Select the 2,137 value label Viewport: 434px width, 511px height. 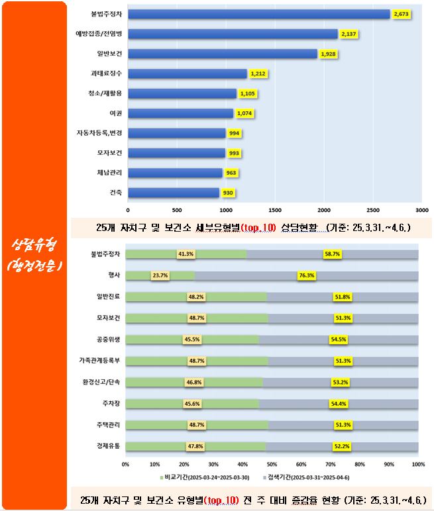tap(349, 34)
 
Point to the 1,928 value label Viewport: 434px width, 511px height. tap(328, 54)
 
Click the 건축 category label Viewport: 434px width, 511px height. tap(115, 193)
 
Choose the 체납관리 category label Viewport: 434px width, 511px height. tap(109, 173)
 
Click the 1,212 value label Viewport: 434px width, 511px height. tap(257, 73)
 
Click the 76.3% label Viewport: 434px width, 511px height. tap(306, 275)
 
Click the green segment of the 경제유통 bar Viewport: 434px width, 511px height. tap(195, 446)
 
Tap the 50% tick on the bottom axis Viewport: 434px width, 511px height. tap(272, 464)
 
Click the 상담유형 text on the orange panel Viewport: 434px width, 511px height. tap(34, 246)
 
